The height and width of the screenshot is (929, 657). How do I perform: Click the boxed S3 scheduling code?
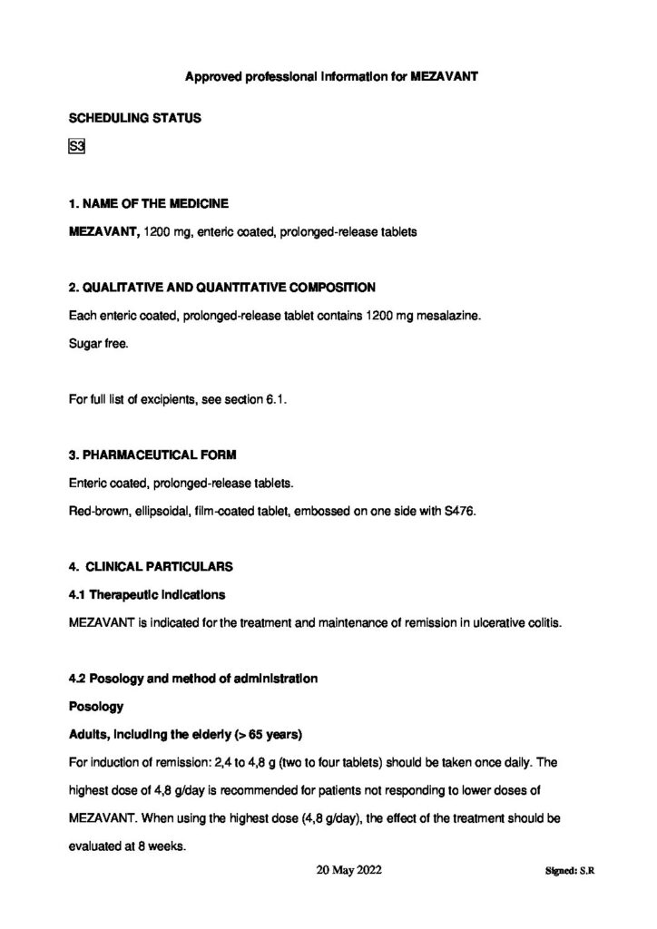[76, 149]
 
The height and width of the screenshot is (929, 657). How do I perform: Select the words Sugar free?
[93, 345]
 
